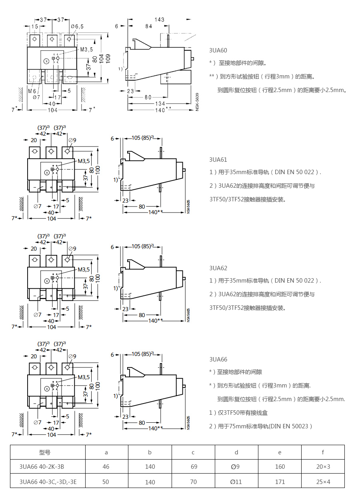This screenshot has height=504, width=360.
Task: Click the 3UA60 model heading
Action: pyautogui.click(x=218, y=50)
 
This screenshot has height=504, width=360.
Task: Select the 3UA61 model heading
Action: pyautogui.click(x=218, y=159)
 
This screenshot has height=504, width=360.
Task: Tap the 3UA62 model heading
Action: pyautogui.click(x=218, y=268)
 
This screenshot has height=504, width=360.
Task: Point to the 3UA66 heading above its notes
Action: pyautogui.click(x=218, y=359)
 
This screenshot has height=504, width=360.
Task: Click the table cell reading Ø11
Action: pyautogui.click(x=236, y=482)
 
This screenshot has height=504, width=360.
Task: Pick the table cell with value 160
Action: pyautogui.click(x=280, y=467)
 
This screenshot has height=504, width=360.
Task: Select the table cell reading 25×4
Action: pyautogui.click(x=323, y=482)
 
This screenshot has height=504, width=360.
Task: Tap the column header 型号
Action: pyautogui.click(x=45, y=452)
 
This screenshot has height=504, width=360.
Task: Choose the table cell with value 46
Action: pyautogui.click(x=106, y=467)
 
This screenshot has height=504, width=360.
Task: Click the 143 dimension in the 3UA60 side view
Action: pyautogui.click(x=159, y=20)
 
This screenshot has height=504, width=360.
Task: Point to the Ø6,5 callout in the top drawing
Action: pyautogui.click(x=77, y=26)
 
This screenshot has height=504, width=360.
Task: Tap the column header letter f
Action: pyautogui.click(x=323, y=452)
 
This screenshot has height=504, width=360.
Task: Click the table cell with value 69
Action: pyautogui.click(x=193, y=467)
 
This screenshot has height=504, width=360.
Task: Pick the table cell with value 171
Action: pyautogui.click(x=280, y=482)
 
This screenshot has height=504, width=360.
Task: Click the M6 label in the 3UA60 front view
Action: pyautogui.click(x=32, y=91)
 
